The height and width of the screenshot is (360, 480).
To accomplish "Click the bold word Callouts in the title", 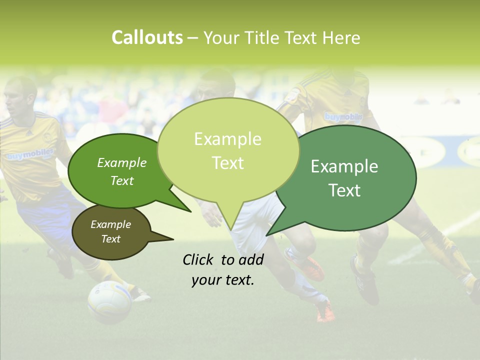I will [147, 38].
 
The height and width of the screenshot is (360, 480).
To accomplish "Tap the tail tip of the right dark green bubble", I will [267, 235].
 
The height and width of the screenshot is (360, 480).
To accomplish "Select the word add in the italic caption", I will [251, 259].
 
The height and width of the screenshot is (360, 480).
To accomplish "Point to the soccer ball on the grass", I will [109, 301].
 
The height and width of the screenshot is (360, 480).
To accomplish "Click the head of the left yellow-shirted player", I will [21, 94].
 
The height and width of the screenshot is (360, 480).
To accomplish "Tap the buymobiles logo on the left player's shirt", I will [30, 154].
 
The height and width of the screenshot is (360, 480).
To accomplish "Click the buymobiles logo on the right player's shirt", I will [344, 117].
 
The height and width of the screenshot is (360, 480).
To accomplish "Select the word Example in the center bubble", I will [227, 139].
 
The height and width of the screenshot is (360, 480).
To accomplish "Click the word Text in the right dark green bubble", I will [344, 190].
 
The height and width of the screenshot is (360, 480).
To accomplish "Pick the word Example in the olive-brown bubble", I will [110, 224].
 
